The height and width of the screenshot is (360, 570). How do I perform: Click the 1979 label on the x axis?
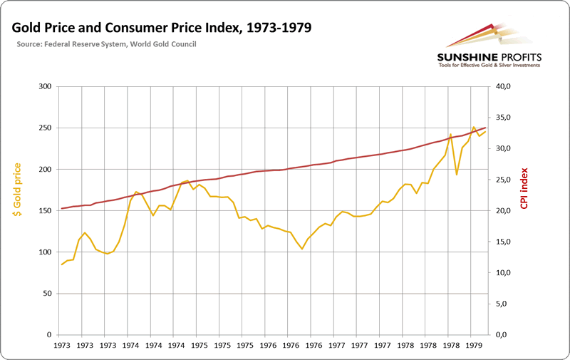[473, 345]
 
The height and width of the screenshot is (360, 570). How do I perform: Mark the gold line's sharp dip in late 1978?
[456, 175]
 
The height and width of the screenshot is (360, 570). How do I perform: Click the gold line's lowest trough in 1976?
[302, 249]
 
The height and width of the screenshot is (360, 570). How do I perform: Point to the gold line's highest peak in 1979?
[473, 128]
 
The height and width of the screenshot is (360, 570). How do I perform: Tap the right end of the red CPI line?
[485, 128]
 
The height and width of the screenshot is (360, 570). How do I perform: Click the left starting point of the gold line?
[62, 264]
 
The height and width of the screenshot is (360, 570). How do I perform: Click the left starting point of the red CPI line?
[62, 208]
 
